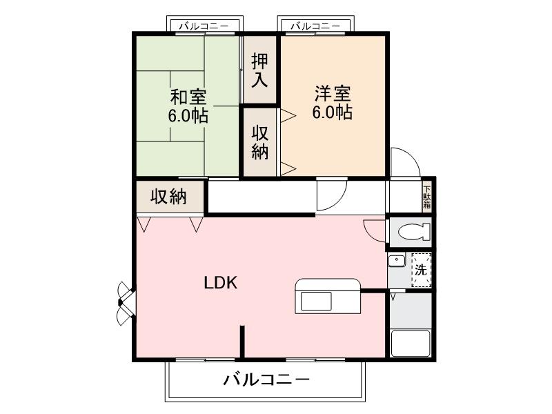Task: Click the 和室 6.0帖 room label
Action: [188, 106]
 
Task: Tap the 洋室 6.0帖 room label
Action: [332, 102]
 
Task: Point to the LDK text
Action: [221, 283]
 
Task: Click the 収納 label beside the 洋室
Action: [259, 142]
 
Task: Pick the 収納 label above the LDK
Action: [169, 197]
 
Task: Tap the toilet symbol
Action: [410, 233]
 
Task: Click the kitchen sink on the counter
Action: [314, 301]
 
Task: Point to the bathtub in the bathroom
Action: [411, 343]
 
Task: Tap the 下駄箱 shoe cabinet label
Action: [426, 196]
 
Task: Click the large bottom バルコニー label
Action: [266, 379]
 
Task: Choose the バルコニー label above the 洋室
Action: [314, 26]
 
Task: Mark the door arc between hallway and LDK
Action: [332, 197]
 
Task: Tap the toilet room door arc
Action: [374, 230]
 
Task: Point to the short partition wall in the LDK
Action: [243, 342]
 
